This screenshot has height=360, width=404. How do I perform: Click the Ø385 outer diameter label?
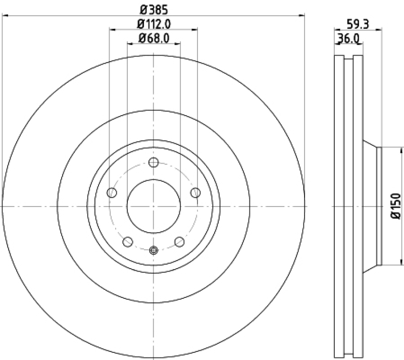pos(154,9)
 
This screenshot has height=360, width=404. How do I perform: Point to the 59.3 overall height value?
pos(357,23)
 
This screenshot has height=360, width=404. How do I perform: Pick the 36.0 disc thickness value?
pos(348,37)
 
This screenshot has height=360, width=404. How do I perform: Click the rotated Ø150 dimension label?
pos(395,206)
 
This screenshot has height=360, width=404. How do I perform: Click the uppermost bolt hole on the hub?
pos(154,163)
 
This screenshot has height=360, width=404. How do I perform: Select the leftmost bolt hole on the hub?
pos(113,192)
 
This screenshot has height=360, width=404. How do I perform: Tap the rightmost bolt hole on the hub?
pos(195,192)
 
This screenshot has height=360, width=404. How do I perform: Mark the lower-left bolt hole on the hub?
pos(128,241)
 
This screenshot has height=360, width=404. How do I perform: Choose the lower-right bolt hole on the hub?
pos(179,241)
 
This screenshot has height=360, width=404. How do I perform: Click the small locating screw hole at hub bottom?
pos(154,249)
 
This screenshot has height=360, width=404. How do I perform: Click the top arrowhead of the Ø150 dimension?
pos(402,149)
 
